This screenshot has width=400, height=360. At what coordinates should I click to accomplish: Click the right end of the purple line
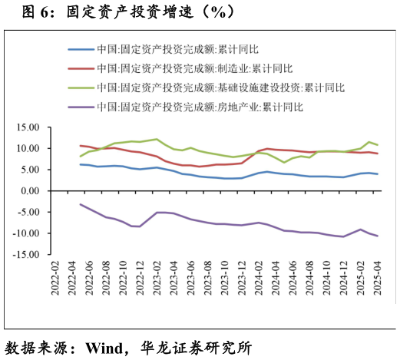[377, 236]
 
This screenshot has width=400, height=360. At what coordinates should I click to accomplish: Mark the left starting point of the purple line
[80, 204]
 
